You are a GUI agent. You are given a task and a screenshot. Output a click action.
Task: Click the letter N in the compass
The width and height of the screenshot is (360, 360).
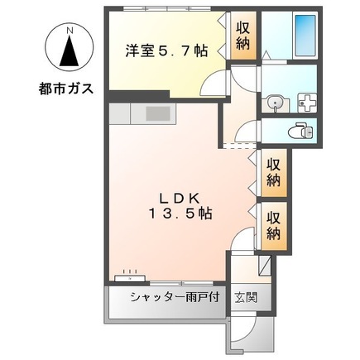coord(70,31)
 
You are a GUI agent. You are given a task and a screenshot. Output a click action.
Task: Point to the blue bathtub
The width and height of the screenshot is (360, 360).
coord(305,36)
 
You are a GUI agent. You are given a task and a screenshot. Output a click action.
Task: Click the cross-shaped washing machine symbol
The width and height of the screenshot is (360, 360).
coord(305,103)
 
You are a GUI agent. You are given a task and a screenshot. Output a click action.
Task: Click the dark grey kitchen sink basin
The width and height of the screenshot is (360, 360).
coord(158,113)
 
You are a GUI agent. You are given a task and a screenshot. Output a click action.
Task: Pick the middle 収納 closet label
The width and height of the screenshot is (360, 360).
coord(274,172)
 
